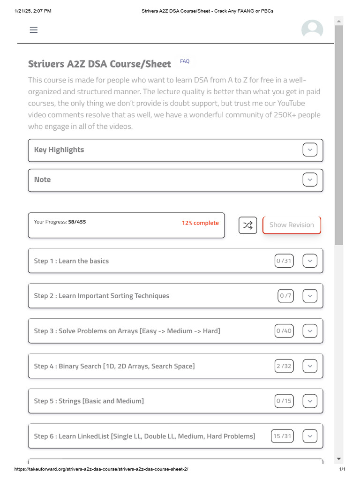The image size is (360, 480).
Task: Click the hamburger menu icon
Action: tap(33, 30)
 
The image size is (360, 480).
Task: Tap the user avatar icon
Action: tap(312, 30)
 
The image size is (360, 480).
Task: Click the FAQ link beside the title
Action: tap(185, 61)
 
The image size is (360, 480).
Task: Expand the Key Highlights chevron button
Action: tap(310, 150)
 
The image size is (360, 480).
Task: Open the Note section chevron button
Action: tap(310, 180)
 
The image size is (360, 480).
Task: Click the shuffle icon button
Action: tap(248, 225)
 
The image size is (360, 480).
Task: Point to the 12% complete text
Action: tap(200, 223)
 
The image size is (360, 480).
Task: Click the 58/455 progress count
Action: tap(77, 222)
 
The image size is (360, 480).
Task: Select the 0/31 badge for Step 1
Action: tap(284, 261)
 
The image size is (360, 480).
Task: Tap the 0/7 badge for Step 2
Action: tap(285, 296)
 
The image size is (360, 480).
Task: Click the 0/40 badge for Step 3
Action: tap(284, 331)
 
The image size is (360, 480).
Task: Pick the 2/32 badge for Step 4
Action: tap(284, 366)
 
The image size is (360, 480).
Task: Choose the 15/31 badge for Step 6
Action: tap(282, 436)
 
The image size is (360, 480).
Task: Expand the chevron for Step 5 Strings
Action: tap(310, 401)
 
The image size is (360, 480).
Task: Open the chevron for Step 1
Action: tap(310, 261)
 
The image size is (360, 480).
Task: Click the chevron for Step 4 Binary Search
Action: tap(310, 366)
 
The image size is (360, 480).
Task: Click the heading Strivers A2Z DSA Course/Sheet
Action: tap(99, 64)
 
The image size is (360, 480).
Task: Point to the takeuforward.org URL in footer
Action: tap(101, 469)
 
